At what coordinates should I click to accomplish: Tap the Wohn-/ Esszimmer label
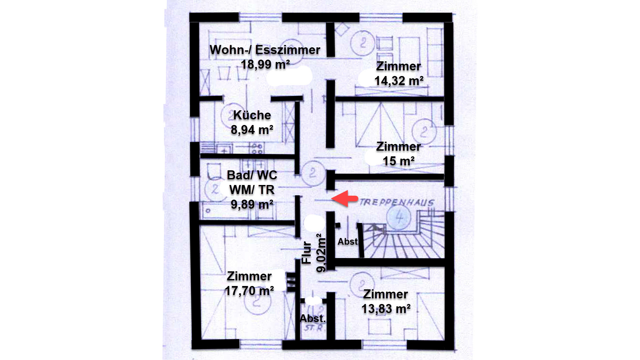265,50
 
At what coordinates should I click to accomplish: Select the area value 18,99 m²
265,64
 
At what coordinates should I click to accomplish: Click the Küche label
252,115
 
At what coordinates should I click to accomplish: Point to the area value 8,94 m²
252,130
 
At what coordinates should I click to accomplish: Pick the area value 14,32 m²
399,81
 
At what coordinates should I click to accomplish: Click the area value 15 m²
399,161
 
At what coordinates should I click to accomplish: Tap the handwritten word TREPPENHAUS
397,202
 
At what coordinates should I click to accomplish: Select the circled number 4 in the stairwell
399,218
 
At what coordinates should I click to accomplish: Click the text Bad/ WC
252,175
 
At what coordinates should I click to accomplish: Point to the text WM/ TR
252,190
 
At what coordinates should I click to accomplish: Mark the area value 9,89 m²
252,204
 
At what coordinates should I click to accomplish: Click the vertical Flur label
306,253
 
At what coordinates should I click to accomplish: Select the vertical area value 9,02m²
321,253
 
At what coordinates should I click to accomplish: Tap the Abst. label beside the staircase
348,241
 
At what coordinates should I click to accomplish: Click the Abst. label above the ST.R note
312,318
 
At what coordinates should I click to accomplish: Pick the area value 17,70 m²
249,291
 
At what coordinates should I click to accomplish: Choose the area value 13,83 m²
386,309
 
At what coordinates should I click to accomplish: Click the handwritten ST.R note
314,328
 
